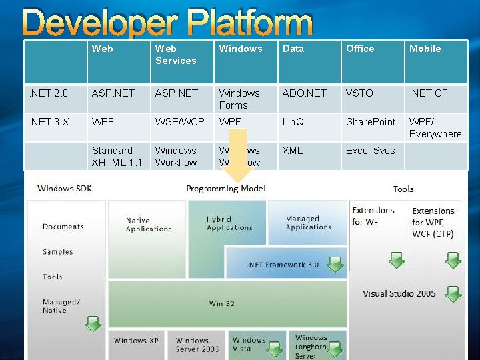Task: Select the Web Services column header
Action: (x=175, y=55)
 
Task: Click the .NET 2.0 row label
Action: (x=47, y=93)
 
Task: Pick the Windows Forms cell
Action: (x=239, y=99)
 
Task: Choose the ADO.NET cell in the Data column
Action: (x=305, y=93)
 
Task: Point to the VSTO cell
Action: (x=359, y=93)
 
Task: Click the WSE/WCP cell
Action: (x=180, y=122)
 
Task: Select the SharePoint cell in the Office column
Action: (x=371, y=122)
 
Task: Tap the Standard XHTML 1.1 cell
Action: (x=117, y=157)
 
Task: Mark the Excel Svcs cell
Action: (x=370, y=151)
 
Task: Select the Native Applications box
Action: (x=148, y=225)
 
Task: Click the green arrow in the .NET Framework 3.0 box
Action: (x=335, y=265)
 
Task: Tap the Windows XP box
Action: (x=136, y=341)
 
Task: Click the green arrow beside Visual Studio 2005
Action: (x=453, y=293)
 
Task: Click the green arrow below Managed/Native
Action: (x=93, y=324)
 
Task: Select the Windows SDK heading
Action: (x=65, y=188)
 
